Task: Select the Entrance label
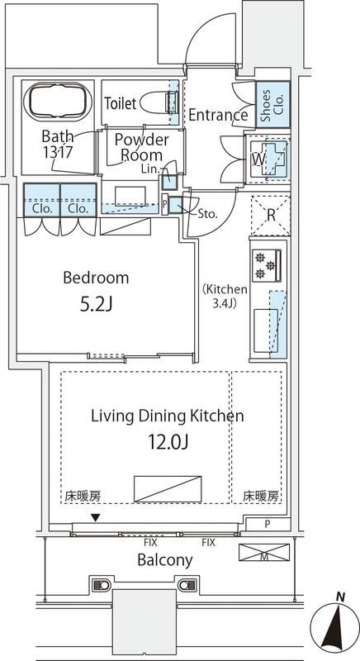click(218, 116)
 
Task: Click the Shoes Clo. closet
click(272, 105)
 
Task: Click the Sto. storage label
click(208, 212)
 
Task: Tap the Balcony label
click(166, 559)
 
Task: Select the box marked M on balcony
click(263, 552)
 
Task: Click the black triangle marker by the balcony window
click(97, 517)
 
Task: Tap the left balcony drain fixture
click(102, 585)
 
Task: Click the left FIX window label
click(150, 543)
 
